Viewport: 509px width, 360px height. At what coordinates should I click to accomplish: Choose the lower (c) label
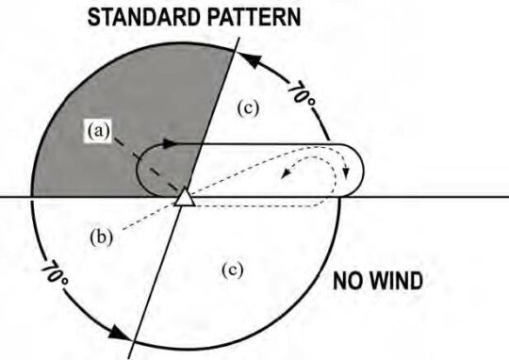tap(231, 270)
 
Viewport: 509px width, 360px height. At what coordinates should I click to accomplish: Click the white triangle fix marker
tap(185, 197)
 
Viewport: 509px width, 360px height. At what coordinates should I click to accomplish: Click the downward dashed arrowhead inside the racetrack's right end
tap(345, 172)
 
